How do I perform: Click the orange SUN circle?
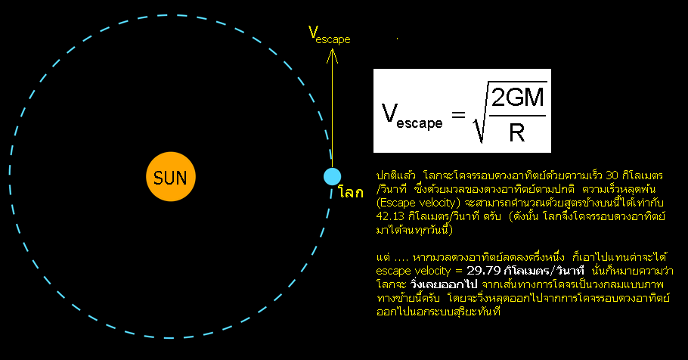tap(171, 176)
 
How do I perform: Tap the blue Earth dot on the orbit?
tap(332, 176)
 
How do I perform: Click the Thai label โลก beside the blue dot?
tap(351, 192)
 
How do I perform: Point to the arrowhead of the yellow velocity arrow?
tap(332, 51)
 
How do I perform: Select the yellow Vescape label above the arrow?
tap(329, 35)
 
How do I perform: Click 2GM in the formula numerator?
tap(518, 98)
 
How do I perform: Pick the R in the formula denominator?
tap(517, 132)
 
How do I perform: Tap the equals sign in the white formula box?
tap(458, 116)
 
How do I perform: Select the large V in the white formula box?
tap(389, 113)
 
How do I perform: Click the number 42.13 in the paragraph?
tap(391, 216)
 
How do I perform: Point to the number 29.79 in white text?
tap(484, 271)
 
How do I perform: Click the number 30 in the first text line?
tap(612, 175)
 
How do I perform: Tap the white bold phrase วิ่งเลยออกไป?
tap(444, 284)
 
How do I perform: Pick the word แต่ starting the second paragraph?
tap(383, 257)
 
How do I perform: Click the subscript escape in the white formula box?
tap(420, 123)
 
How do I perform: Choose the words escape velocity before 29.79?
tap(414, 271)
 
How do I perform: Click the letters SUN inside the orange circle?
tap(170, 178)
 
